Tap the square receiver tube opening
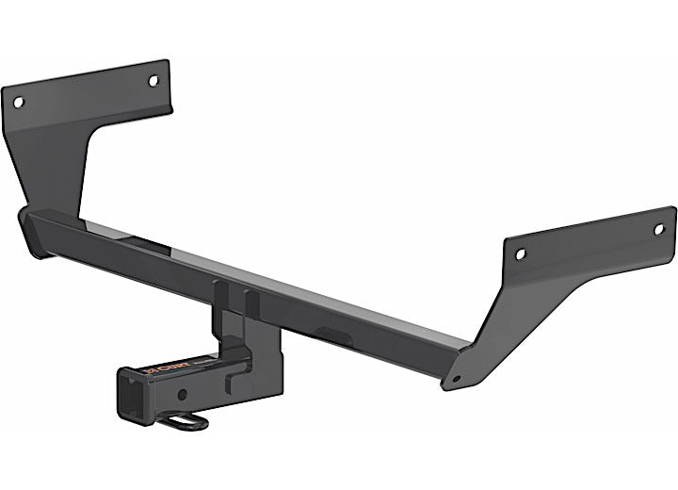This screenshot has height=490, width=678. (x=133, y=395)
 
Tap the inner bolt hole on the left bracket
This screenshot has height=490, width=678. (x=153, y=81)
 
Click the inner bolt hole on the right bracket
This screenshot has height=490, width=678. (x=519, y=253)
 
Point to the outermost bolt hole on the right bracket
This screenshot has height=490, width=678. (x=658, y=228)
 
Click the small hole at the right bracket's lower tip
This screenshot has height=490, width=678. (x=457, y=379)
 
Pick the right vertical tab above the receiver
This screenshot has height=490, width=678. (x=250, y=303)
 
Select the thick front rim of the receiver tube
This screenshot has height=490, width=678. (x=121, y=396)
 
